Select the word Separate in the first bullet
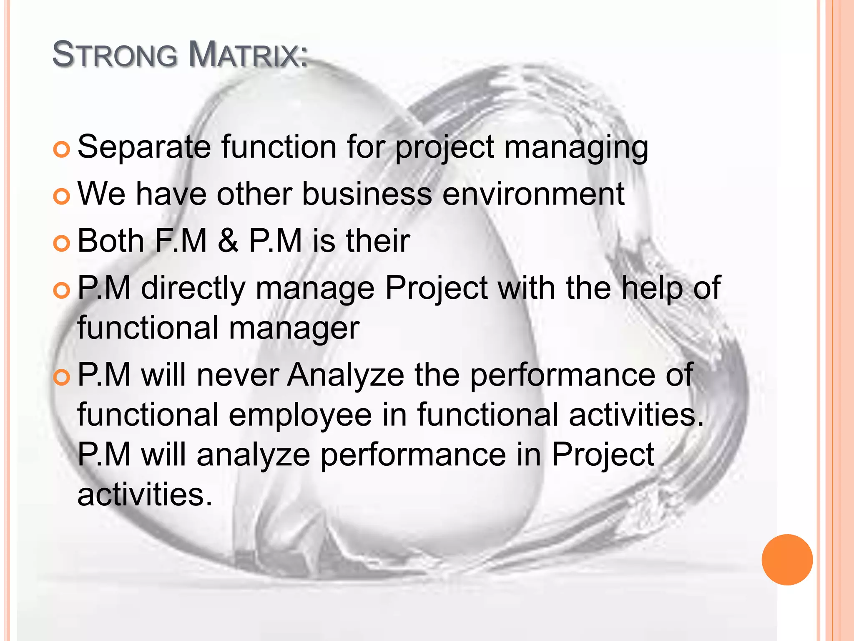tap(144, 147)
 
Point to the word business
tap(367, 194)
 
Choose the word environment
tap(533, 194)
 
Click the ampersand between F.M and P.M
tap(228, 241)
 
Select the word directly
tap(193, 289)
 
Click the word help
tap(652, 288)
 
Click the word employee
tap(300, 415)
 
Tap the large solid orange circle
tap(787, 560)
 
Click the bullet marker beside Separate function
tap(62, 150)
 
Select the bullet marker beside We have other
tap(62, 196)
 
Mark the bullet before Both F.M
tap(62, 243)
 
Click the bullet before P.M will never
tap(62, 377)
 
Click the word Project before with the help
tap(436, 289)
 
